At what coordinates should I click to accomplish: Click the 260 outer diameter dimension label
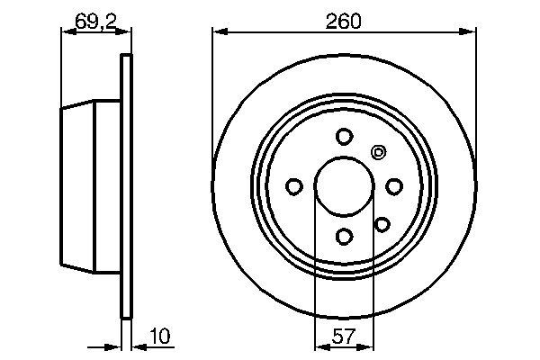pyautogui.click(x=343, y=20)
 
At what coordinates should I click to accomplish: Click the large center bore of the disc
pyautogui.click(x=343, y=186)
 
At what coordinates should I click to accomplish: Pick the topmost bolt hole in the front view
pyautogui.click(x=343, y=137)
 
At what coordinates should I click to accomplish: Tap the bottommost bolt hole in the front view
pyautogui.click(x=343, y=237)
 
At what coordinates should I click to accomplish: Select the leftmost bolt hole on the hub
pyautogui.click(x=293, y=186)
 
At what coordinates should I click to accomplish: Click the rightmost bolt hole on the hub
pyautogui.click(x=393, y=186)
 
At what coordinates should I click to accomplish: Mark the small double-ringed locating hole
pyautogui.click(x=378, y=152)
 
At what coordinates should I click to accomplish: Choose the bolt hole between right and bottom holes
pyautogui.click(x=382, y=223)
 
